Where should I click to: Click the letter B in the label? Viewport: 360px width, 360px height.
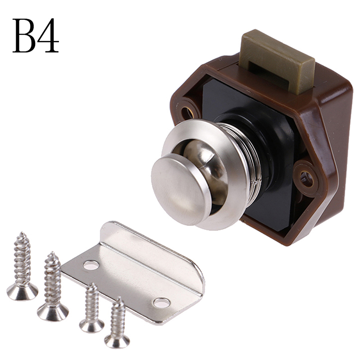[x=24, y=36]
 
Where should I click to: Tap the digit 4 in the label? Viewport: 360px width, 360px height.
[x=48, y=36]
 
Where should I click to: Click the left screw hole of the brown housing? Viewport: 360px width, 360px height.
[x=187, y=113]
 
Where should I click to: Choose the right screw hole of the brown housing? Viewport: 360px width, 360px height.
[x=306, y=179]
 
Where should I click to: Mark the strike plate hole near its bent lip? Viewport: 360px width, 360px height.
[x=91, y=265]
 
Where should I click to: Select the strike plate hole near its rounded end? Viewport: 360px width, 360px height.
[x=162, y=302]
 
